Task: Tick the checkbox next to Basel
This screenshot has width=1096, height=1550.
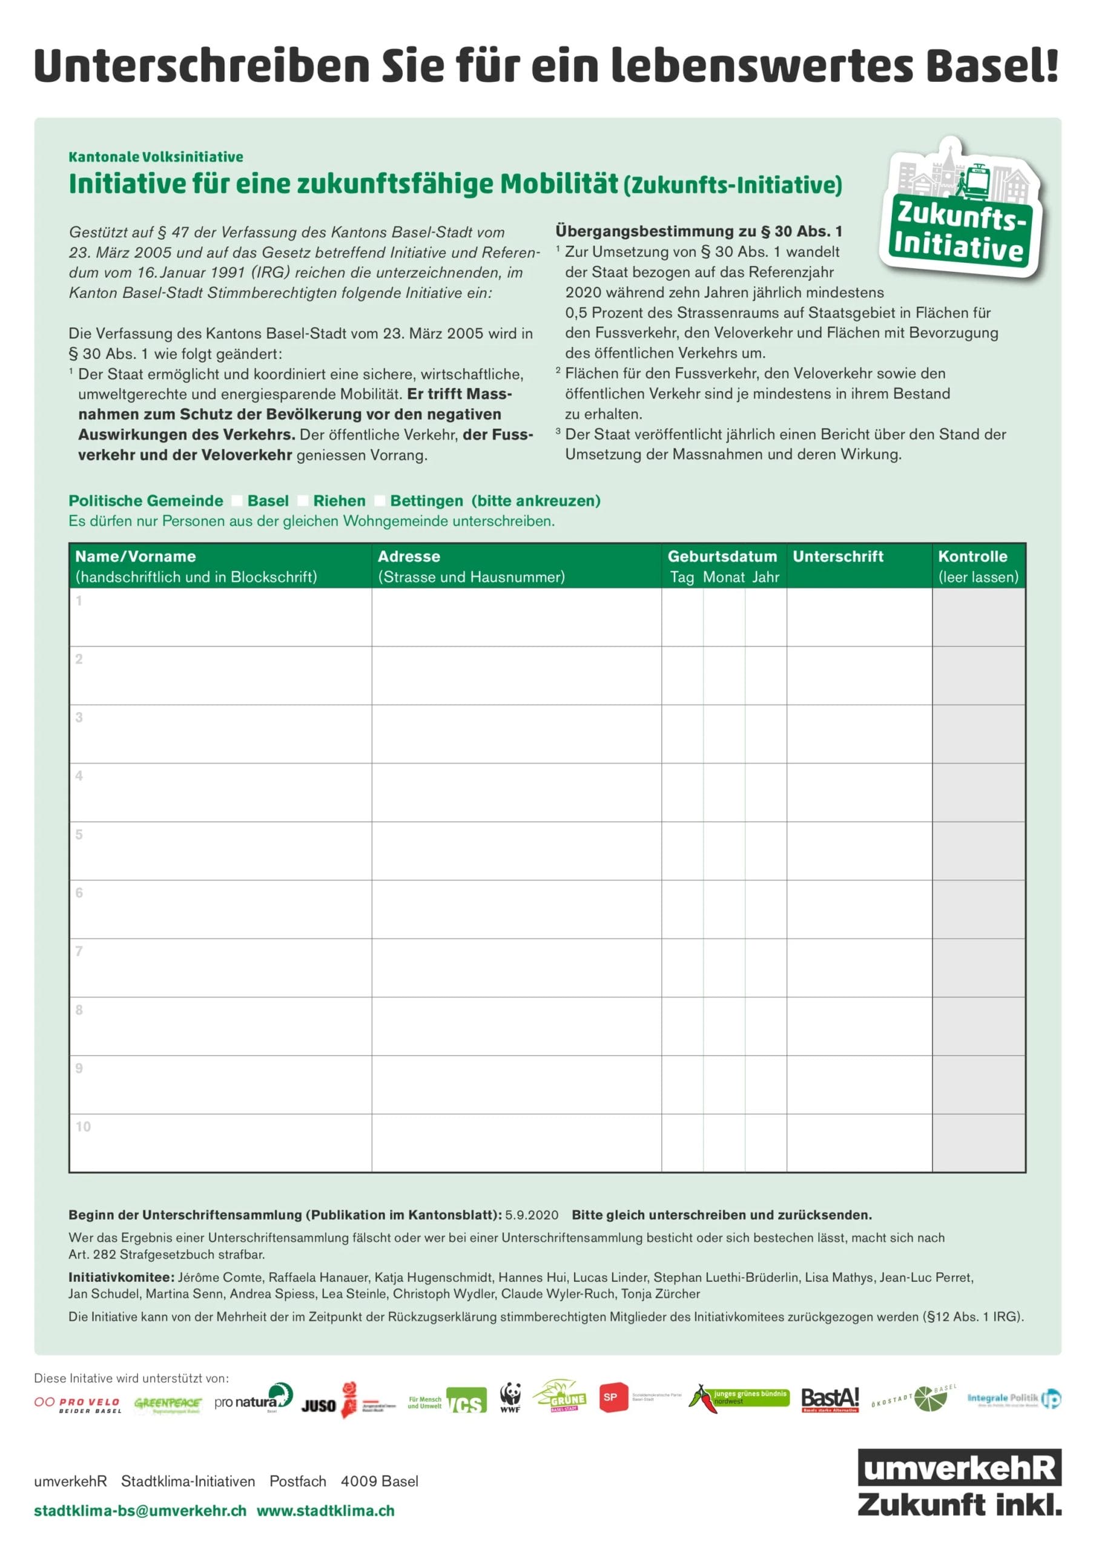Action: tap(237, 501)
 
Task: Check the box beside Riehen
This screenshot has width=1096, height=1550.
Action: tap(303, 501)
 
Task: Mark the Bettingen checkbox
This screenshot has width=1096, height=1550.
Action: tap(380, 501)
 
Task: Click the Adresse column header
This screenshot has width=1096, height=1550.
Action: tap(409, 556)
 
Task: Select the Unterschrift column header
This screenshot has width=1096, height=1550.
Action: tap(837, 556)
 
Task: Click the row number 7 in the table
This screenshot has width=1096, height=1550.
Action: tap(79, 951)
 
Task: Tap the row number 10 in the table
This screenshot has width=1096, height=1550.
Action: tap(83, 1127)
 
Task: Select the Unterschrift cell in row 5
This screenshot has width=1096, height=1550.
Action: tap(859, 851)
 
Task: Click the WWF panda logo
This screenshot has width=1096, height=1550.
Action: tap(510, 1397)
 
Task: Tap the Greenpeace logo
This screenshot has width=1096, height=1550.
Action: tap(168, 1404)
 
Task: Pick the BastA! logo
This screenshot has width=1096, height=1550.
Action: tap(830, 1399)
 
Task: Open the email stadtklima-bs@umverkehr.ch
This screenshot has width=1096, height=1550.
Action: tap(140, 1511)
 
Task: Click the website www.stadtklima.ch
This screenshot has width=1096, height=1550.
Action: tap(326, 1511)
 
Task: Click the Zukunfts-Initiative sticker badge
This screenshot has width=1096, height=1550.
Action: tap(962, 209)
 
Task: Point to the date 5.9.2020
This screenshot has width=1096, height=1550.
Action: tap(532, 1215)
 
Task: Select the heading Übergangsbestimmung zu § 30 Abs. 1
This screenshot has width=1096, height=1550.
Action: tap(699, 231)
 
